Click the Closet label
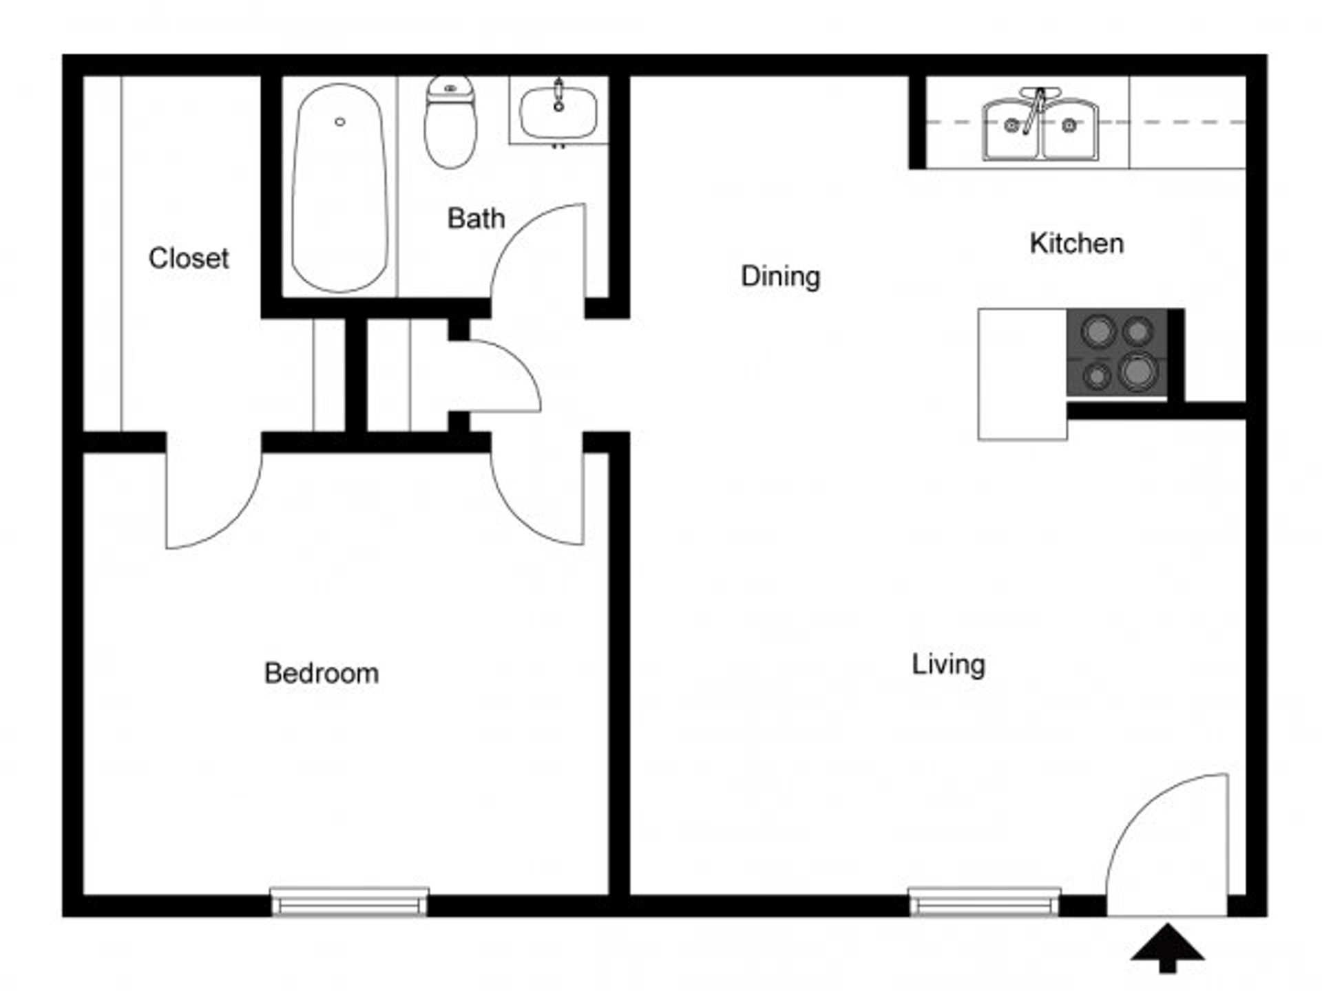[x=188, y=259]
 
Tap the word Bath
[x=476, y=219]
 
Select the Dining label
[x=780, y=277]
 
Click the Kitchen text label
[x=1077, y=244]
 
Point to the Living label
[x=948, y=665]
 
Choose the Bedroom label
[x=322, y=673]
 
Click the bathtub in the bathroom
[x=339, y=187]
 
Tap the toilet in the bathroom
[x=450, y=122]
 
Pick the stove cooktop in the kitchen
[x=1117, y=352]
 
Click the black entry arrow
[x=1167, y=948]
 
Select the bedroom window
[x=349, y=902]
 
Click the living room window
[x=985, y=902]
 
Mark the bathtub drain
[x=339, y=122]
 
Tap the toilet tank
[x=450, y=89]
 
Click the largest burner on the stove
[x=1137, y=372]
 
